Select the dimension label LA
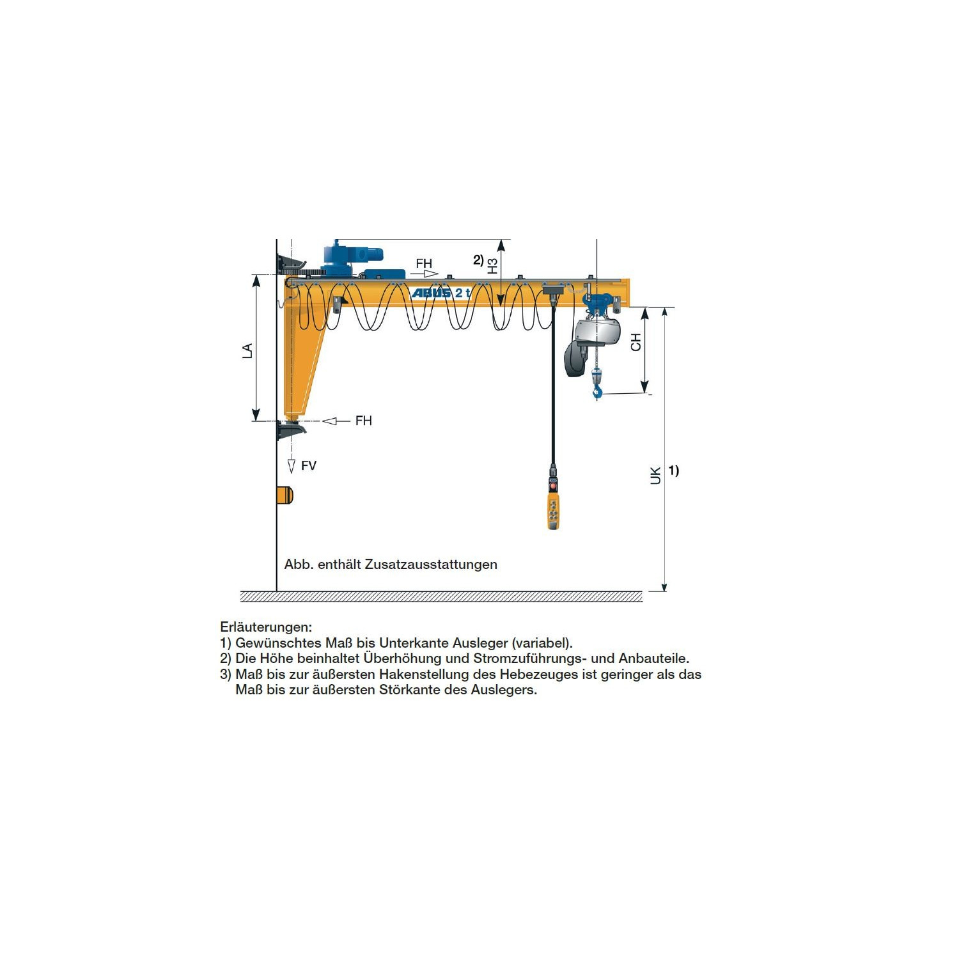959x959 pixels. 247,350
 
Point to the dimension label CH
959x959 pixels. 635,342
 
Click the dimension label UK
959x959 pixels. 655,476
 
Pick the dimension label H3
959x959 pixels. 492,266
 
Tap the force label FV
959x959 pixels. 309,465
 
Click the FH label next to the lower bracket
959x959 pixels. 363,421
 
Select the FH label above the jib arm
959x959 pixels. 424,263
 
